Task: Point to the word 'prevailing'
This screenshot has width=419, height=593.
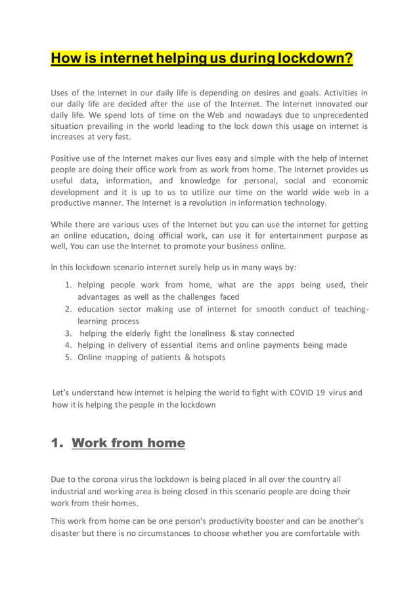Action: (115, 126)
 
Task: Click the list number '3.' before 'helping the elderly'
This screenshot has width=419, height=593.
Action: (68, 333)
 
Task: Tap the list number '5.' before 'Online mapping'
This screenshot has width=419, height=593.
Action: (68, 357)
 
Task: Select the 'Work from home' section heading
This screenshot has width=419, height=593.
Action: (128, 442)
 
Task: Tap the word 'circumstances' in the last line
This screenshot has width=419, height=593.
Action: (162, 533)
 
